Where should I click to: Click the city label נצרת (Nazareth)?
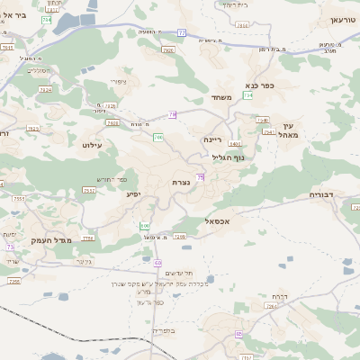click(x=181, y=183)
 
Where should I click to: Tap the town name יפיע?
click(x=133, y=193)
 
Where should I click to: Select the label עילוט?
click(x=94, y=144)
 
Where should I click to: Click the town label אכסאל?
click(x=220, y=221)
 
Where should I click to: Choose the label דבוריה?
click(x=321, y=194)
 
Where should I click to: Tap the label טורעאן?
click(x=343, y=19)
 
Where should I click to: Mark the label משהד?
click(x=222, y=97)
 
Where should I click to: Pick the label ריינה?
click(x=212, y=139)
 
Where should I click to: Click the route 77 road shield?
click(x=181, y=33)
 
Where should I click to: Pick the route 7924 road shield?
click(x=46, y=90)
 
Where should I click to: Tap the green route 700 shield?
click(x=158, y=137)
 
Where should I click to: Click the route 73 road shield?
click(x=11, y=246)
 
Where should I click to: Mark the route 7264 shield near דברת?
click(x=271, y=306)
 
